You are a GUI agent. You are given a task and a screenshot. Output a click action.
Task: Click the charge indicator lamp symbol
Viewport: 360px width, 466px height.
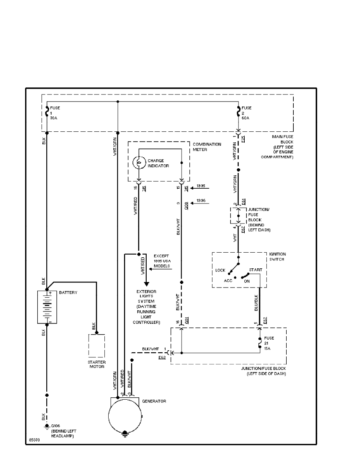[138, 162]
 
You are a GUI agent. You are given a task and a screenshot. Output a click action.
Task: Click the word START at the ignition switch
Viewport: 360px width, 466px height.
[255, 270]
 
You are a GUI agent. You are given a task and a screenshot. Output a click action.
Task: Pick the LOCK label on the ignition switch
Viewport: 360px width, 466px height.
[220, 270]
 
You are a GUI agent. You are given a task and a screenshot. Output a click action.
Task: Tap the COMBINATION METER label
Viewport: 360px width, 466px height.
[207, 146]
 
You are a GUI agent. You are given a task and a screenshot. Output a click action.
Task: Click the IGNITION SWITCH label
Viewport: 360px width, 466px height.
[278, 257]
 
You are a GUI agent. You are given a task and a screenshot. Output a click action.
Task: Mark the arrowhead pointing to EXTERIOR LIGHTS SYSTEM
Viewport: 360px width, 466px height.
[145, 284]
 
